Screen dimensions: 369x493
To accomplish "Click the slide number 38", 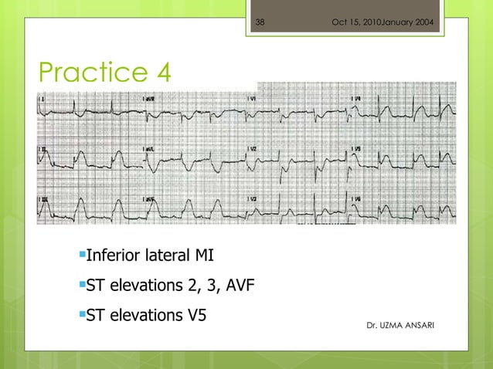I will pyautogui.click(x=260, y=22).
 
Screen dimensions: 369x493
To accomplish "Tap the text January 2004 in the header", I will pyautogui.click(x=408, y=22).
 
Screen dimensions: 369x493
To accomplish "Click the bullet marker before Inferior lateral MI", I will pyautogui.click(x=80, y=253).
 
